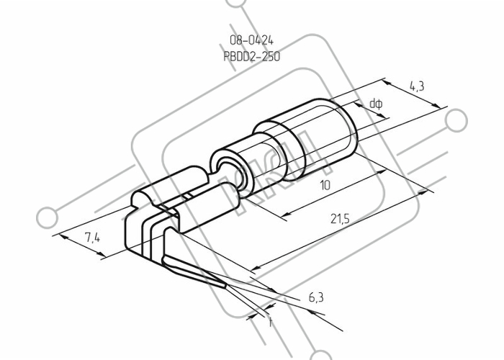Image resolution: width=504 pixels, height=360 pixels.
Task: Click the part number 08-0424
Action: pyautogui.click(x=251, y=40)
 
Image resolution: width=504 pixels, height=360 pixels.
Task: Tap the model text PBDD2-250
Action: pyautogui.click(x=252, y=57)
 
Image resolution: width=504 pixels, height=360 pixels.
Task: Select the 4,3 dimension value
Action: pyautogui.click(x=417, y=86)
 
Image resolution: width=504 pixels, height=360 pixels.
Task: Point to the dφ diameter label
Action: pyautogui.click(x=376, y=104)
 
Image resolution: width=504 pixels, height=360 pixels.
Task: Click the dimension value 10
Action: pyautogui.click(x=325, y=185)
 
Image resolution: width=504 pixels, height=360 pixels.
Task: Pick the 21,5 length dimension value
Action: pyautogui.click(x=340, y=219)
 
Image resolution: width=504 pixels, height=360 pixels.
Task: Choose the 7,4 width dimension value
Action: pyautogui.click(x=93, y=238)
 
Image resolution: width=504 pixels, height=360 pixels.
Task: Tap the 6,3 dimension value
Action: pyautogui.click(x=316, y=297)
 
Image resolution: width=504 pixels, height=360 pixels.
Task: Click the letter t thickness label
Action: pyautogui.click(x=270, y=323)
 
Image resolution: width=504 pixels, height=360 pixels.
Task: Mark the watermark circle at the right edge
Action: pyautogui.click(x=456, y=120)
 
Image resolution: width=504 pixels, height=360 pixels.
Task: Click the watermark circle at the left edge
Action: pyautogui.click(x=48, y=217)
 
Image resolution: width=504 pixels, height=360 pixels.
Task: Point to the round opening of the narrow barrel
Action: pyautogui.click(x=230, y=174)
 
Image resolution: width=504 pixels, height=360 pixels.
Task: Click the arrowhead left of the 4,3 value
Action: pyautogui.click(x=388, y=83)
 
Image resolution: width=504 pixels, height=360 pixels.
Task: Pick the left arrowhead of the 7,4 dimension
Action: pyautogui.click(x=63, y=237)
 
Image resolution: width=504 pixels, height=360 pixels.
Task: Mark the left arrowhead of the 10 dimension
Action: pyautogui.click(x=285, y=215)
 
